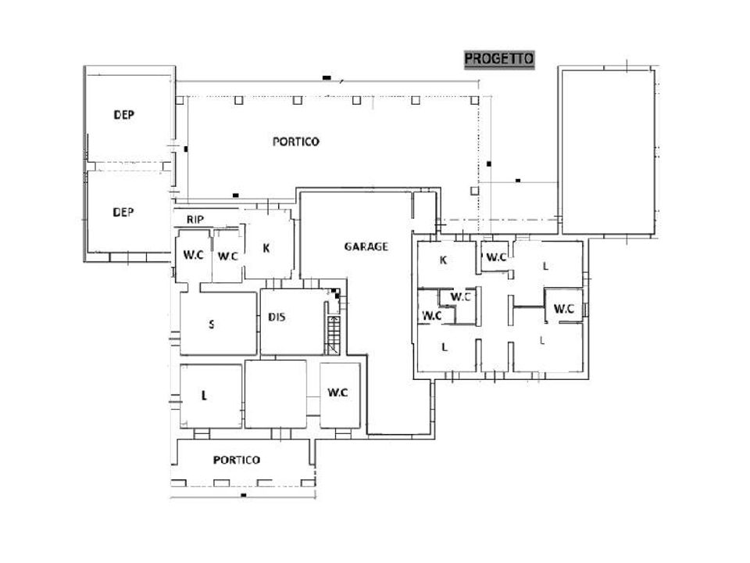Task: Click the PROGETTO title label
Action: click(x=499, y=59)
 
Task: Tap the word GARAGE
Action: click(x=366, y=246)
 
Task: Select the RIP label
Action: click(x=195, y=220)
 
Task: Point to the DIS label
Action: click(x=277, y=317)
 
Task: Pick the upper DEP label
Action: click(x=123, y=115)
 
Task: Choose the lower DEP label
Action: click(x=123, y=212)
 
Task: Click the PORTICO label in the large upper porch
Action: click(x=295, y=142)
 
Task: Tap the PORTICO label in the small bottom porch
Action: click(x=236, y=460)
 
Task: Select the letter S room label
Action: click(x=212, y=325)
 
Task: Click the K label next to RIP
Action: click(x=266, y=248)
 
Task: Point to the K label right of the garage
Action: click(x=444, y=260)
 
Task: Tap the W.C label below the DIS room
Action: click(x=337, y=393)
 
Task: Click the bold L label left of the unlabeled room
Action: click(x=204, y=396)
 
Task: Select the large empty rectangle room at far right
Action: click(x=608, y=152)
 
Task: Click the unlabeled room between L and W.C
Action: click(x=276, y=394)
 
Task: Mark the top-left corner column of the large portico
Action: click(x=180, y=101)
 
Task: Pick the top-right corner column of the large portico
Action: click(x=474, y=101)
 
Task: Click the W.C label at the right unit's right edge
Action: click(x=564, y=309)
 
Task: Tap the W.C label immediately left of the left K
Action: click(x=227, y=256)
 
